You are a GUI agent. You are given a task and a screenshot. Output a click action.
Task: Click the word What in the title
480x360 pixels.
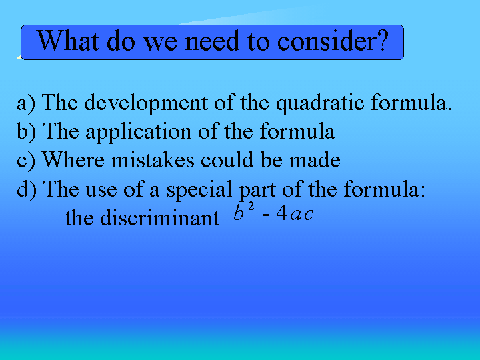tap(68, 41)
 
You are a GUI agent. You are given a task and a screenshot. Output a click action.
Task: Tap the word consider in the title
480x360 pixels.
tap(327, 41)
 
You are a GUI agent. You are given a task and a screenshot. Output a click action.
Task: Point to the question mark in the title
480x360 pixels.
tap(383, 41)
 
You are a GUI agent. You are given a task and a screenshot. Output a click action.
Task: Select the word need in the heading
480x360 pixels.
tap(212, 41)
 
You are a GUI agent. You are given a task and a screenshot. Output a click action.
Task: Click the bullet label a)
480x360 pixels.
tap(26, 103)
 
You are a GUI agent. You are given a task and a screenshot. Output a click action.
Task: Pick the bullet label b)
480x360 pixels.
tap(26, 131)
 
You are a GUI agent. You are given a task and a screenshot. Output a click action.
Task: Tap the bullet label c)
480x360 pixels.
tap(26, 161)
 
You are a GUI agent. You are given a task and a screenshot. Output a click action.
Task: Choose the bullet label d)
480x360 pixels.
tap(27, 189)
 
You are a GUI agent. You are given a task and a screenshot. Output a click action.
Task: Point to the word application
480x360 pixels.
tap(139, 132)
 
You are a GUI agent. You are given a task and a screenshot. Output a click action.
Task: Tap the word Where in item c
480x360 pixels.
tap(73, 159)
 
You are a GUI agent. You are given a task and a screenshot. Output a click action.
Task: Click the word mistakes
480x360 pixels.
tap(153, 160)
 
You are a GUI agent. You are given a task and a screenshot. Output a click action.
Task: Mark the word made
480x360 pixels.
tap(315, 160)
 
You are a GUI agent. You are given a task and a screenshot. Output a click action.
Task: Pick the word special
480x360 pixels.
tap(199, 190)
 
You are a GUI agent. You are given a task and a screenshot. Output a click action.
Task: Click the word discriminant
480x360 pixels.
tap(160, 217)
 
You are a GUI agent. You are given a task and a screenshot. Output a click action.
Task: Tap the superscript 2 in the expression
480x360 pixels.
tap(251, 207)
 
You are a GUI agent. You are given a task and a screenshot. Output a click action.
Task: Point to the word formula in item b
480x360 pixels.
tap(297, 131)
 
